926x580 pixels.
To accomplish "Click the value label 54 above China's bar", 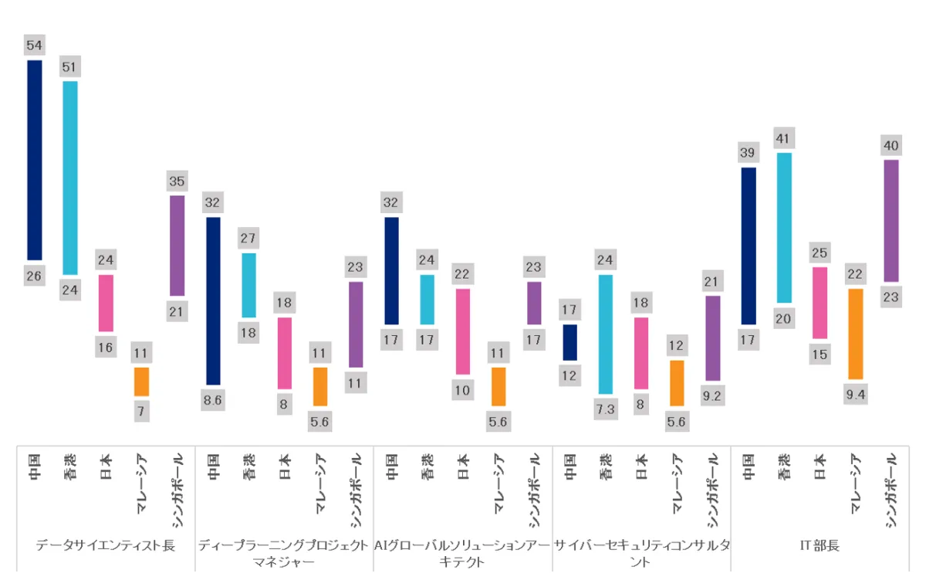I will (x=34, y=46).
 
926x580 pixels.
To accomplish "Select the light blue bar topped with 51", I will (x=69, y=178).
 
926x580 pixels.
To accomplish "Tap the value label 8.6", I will (x=213, y=400).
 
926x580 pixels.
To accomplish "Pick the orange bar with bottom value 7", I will (x=141, y=382).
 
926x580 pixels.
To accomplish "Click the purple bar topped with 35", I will (x=177, y=245).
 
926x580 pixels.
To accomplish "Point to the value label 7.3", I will (x=606, y=409).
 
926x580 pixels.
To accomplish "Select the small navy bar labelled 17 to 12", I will (x=569, y=342).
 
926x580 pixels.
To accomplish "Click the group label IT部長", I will (x=820, y=545).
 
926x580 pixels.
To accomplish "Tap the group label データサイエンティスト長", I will (x=106, y=545).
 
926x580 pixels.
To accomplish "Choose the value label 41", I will (x=784, y=138).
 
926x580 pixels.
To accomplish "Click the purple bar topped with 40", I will (x=891, y=220).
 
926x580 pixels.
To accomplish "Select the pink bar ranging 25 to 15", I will (x=820, y=303).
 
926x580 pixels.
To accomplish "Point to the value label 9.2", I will (x=712, y=396).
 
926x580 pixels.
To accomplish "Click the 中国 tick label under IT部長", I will (x=748, y=467).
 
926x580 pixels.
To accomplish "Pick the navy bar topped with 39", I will (x=748, y=246).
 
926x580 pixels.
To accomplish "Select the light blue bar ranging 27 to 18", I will (x=248, y=285).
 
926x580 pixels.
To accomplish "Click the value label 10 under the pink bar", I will (x=462, y=390).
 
